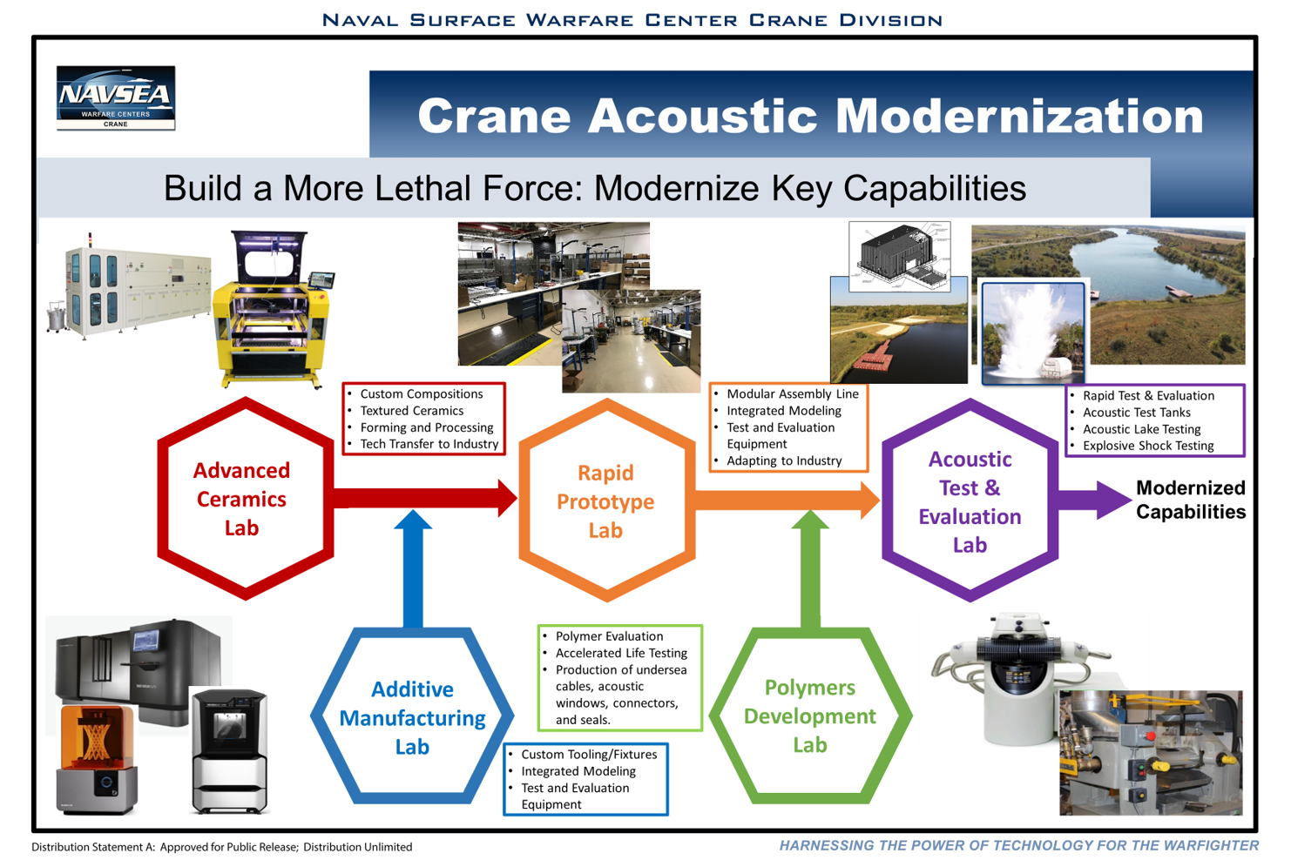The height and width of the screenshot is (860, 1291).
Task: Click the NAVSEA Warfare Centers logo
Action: [x=116, y=97]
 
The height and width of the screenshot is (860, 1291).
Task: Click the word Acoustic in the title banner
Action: [x=705, y=116]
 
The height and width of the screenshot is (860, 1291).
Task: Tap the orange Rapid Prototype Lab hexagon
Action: [x=606, y=501]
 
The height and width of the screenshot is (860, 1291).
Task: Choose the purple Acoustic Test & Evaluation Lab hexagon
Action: [x=970, y=501]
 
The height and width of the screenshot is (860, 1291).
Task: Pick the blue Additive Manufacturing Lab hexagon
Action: [x=412, y=717]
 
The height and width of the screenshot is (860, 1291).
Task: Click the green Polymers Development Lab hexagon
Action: [x=810, y=716]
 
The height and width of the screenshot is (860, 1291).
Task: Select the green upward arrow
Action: [x=810, y=570]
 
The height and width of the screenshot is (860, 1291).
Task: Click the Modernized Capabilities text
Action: [x=1190, y=500]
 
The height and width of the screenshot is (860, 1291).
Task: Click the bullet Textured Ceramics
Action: [x=411, y=411]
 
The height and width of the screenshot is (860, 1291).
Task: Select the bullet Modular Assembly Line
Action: [x=792, y=394]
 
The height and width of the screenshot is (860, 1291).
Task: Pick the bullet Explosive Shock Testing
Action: [x=1147, y=446]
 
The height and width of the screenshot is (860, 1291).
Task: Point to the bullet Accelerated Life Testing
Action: [x=621, y=653]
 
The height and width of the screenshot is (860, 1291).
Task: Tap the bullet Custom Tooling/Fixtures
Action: [x=589, y=755]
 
